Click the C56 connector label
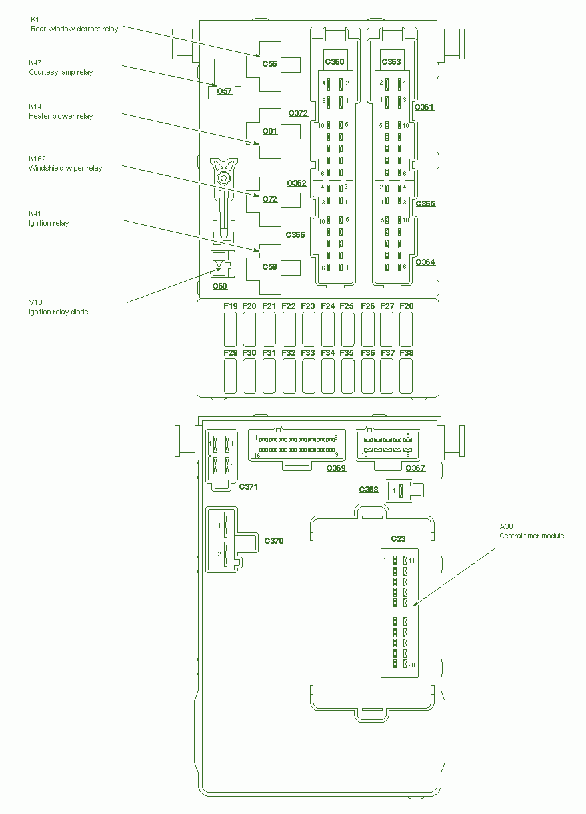pos(269,63)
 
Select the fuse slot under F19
pos(230,329)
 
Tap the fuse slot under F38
pos(406,376)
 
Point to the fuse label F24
pos(327,306)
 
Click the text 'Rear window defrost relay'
pos(74,29)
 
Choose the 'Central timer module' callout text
pos(531,536)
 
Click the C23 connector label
pos(398,538)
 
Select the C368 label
pos(369,490)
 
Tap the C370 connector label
pos(274,541)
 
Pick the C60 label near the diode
pos(220,286)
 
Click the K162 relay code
pos(37,159)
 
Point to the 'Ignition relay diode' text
pos(58,312)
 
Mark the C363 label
pos(391,62)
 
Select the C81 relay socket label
pos(269,131)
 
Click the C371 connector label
pos(249,486)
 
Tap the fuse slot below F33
pos(308,376)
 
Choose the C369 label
pos(336,468)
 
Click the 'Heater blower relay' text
pos(61,117)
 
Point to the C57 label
pos(224,91)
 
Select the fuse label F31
pos(269,353)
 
